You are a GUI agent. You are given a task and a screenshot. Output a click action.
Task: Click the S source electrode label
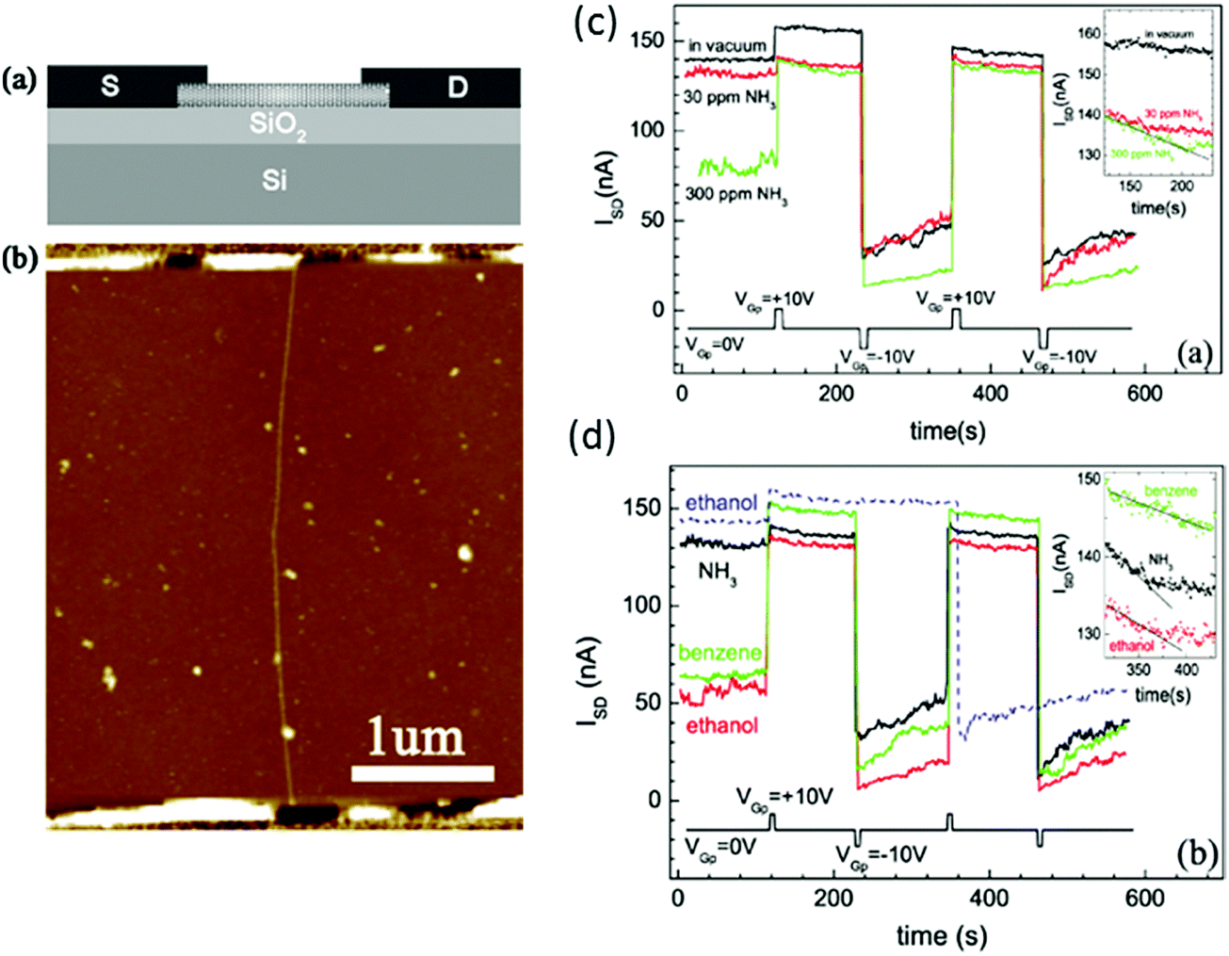click(110, 87)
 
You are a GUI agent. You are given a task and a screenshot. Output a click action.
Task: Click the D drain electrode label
click(457, 88)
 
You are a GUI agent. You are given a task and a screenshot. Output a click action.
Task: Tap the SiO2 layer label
click(278, 125)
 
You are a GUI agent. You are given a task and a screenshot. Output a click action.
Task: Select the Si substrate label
click(274, 179)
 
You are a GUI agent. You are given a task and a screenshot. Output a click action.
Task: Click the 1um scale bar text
click(416, 738)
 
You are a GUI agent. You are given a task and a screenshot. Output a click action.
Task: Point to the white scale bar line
click(422, 773)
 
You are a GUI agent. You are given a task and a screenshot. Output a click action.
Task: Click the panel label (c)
click(595, 23)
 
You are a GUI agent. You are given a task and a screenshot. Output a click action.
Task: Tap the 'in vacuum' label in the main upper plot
click(727, 45)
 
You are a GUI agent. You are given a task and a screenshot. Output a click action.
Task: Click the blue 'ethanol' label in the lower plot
click(721, 503)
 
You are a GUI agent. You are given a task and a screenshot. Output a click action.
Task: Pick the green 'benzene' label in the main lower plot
click(720, 653)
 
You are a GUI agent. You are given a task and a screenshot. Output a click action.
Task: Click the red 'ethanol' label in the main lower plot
click(722, 725)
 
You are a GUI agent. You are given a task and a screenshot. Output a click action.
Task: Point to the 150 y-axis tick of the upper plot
click(647, 41)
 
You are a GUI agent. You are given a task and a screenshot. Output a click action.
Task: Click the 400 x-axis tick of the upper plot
click(991, 393)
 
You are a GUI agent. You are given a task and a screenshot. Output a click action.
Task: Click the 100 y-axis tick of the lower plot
click(643, 605)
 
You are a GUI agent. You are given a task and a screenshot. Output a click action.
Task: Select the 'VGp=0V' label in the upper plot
click(714, 345)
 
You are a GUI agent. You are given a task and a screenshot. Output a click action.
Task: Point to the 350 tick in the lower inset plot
click(1139, 670)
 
